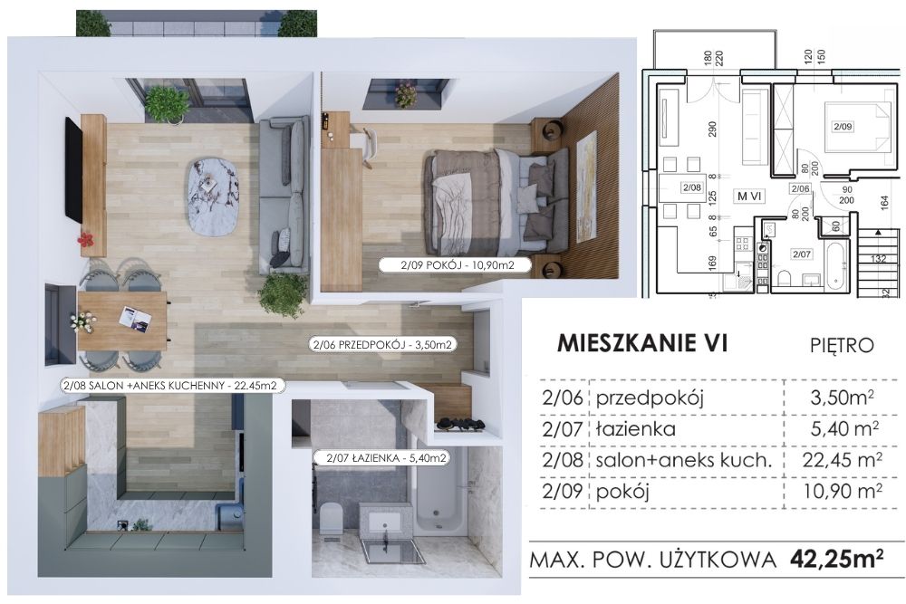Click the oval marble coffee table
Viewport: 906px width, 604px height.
coord(213,197)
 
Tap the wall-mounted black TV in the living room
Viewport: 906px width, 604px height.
coord(73,168)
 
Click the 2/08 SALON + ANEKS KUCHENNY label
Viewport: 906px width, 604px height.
coord(173,385)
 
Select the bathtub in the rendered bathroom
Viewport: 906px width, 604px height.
coord(439,491)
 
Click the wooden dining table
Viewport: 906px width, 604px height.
coord(122,321)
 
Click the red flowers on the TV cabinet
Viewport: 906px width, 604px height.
coord(85,238)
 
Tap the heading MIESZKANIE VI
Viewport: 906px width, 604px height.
coord(641,343)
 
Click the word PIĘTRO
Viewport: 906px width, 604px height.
coord(842,345)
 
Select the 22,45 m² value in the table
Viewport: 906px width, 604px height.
coord(842,460)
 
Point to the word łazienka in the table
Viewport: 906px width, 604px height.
coord(636,429)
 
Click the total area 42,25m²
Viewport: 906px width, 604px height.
coord(836,559)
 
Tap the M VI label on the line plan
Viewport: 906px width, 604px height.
coord(749,196)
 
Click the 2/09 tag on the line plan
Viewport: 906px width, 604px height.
coord(843,127)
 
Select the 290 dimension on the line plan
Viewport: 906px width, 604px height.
coord(712,129)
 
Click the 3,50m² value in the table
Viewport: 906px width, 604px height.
coord(842,398)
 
